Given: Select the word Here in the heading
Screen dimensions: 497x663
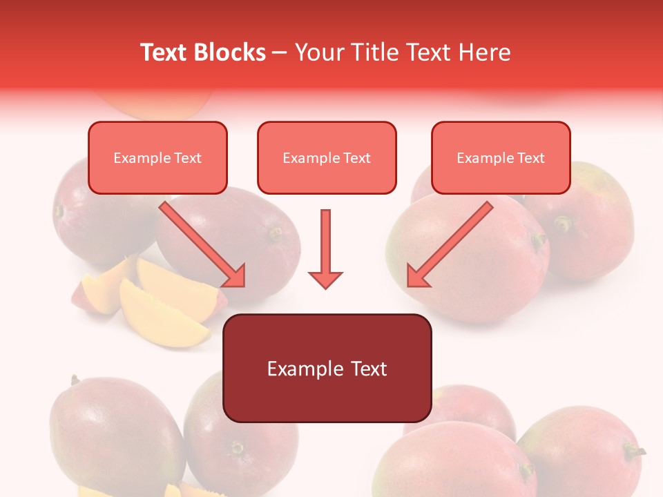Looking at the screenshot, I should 485,52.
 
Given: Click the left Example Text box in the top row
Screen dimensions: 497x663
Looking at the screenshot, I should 157,158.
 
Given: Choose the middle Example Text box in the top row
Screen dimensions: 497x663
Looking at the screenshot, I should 327,158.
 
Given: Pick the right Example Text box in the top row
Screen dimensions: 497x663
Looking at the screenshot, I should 501,158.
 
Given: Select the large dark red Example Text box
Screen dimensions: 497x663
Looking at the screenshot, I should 327,368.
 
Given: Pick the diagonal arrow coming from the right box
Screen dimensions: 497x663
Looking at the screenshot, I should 450,243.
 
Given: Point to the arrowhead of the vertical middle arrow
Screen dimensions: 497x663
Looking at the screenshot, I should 325,279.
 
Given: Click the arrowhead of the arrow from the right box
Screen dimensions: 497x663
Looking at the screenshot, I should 417,276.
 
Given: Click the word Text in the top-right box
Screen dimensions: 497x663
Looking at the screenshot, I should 530,158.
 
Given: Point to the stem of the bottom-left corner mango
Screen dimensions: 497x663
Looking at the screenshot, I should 74,380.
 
